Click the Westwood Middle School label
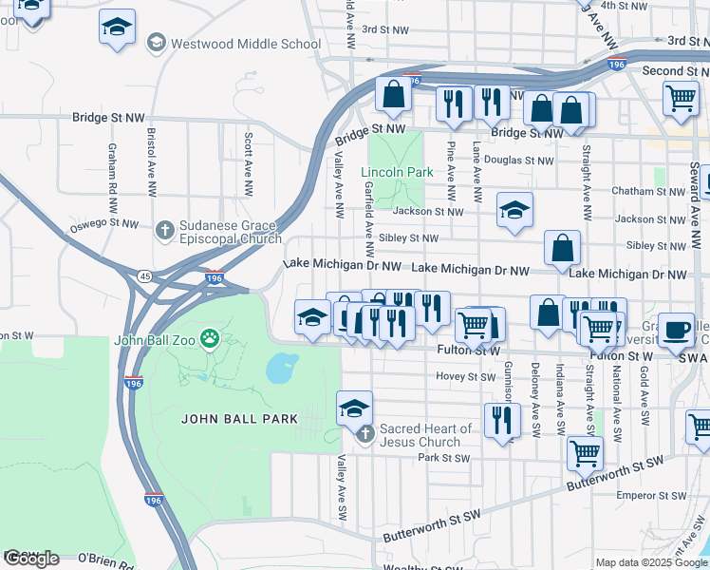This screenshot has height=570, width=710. [245, 44]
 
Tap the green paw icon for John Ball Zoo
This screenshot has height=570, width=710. [210, 337]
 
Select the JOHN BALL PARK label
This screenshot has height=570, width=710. [240, 418]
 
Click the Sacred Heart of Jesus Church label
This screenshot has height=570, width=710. [425, 435]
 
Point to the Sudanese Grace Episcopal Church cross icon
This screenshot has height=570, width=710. [164, 229]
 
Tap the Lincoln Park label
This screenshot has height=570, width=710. [397, 172]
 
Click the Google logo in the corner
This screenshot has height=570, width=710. [31, 559]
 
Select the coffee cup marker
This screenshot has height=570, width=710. [676, 329]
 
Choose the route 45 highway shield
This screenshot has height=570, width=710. [144, 276]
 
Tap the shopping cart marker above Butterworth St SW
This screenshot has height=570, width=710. [585, 452]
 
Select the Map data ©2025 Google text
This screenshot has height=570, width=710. [651, 562]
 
